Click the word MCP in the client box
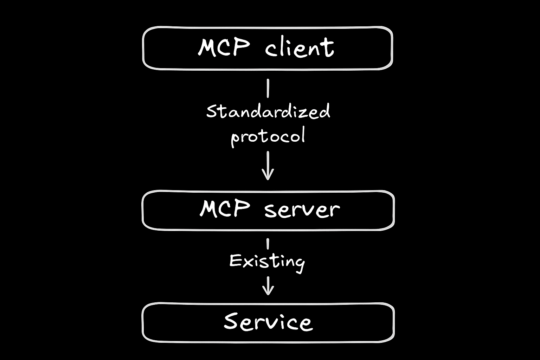[x=224, y=47]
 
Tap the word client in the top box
[x=299, y=48]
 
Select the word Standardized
[x=268, y=111]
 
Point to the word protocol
[x=268, y=136]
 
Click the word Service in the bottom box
[x=268, y=322]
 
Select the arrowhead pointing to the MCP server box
[x=268, y=174]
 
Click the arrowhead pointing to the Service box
[x=268, y=290]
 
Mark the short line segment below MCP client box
[x=268, y=88]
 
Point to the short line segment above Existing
[x=268, y=244]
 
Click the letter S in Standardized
[x=211, y=111]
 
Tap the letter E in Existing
[x=234, y=261]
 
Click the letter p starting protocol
[x=235, y=138]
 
